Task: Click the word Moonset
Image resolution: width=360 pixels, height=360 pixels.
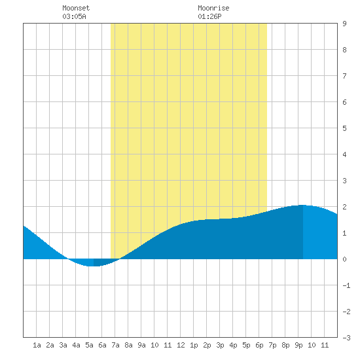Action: click(76, 8)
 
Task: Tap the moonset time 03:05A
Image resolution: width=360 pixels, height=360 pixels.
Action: click(74, 16)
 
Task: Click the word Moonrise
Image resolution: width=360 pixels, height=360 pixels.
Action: click(213, 8)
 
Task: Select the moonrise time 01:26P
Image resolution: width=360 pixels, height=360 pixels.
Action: click(209, 16)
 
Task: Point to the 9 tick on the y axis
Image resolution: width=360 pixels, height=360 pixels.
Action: click(344, 24)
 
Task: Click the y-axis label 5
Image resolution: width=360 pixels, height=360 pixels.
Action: click(344, 128)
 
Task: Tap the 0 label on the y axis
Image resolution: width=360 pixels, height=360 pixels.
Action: click(344, 259)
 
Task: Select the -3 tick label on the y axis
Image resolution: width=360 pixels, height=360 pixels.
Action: click(346, 338)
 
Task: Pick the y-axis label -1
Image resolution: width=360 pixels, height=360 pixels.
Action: click(346, 285)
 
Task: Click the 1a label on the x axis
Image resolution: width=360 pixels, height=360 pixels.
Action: click(37, 345)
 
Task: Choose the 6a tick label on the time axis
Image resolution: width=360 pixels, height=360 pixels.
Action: click(102, 345)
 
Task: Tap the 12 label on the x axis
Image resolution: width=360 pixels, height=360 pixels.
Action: click(181, 345)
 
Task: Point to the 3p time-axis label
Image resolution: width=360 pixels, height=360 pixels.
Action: click(220, 345)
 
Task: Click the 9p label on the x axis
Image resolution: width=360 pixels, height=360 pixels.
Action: click(298, 345)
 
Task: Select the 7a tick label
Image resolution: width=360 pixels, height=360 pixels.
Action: click(115, 345)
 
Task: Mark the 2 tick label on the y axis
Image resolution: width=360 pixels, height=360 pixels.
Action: click(344, 207)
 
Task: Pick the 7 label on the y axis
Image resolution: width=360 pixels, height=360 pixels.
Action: click(344, 76)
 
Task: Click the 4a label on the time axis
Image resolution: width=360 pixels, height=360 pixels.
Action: click(76, 345)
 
